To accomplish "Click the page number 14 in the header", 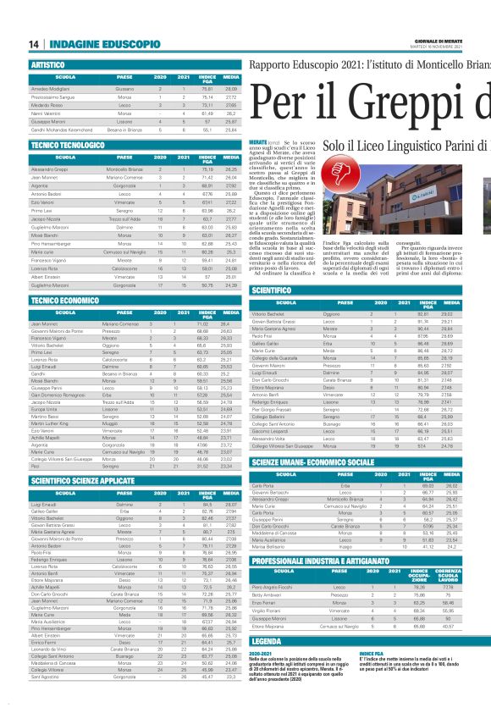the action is click(x=33, y=44).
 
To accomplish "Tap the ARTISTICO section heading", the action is click(x=48, y=64).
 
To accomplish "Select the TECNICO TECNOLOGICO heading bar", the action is click(x=67, y=145).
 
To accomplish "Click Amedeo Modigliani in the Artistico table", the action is click(x=52, y=88).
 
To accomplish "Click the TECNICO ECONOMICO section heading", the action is click(x=64, y=300).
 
